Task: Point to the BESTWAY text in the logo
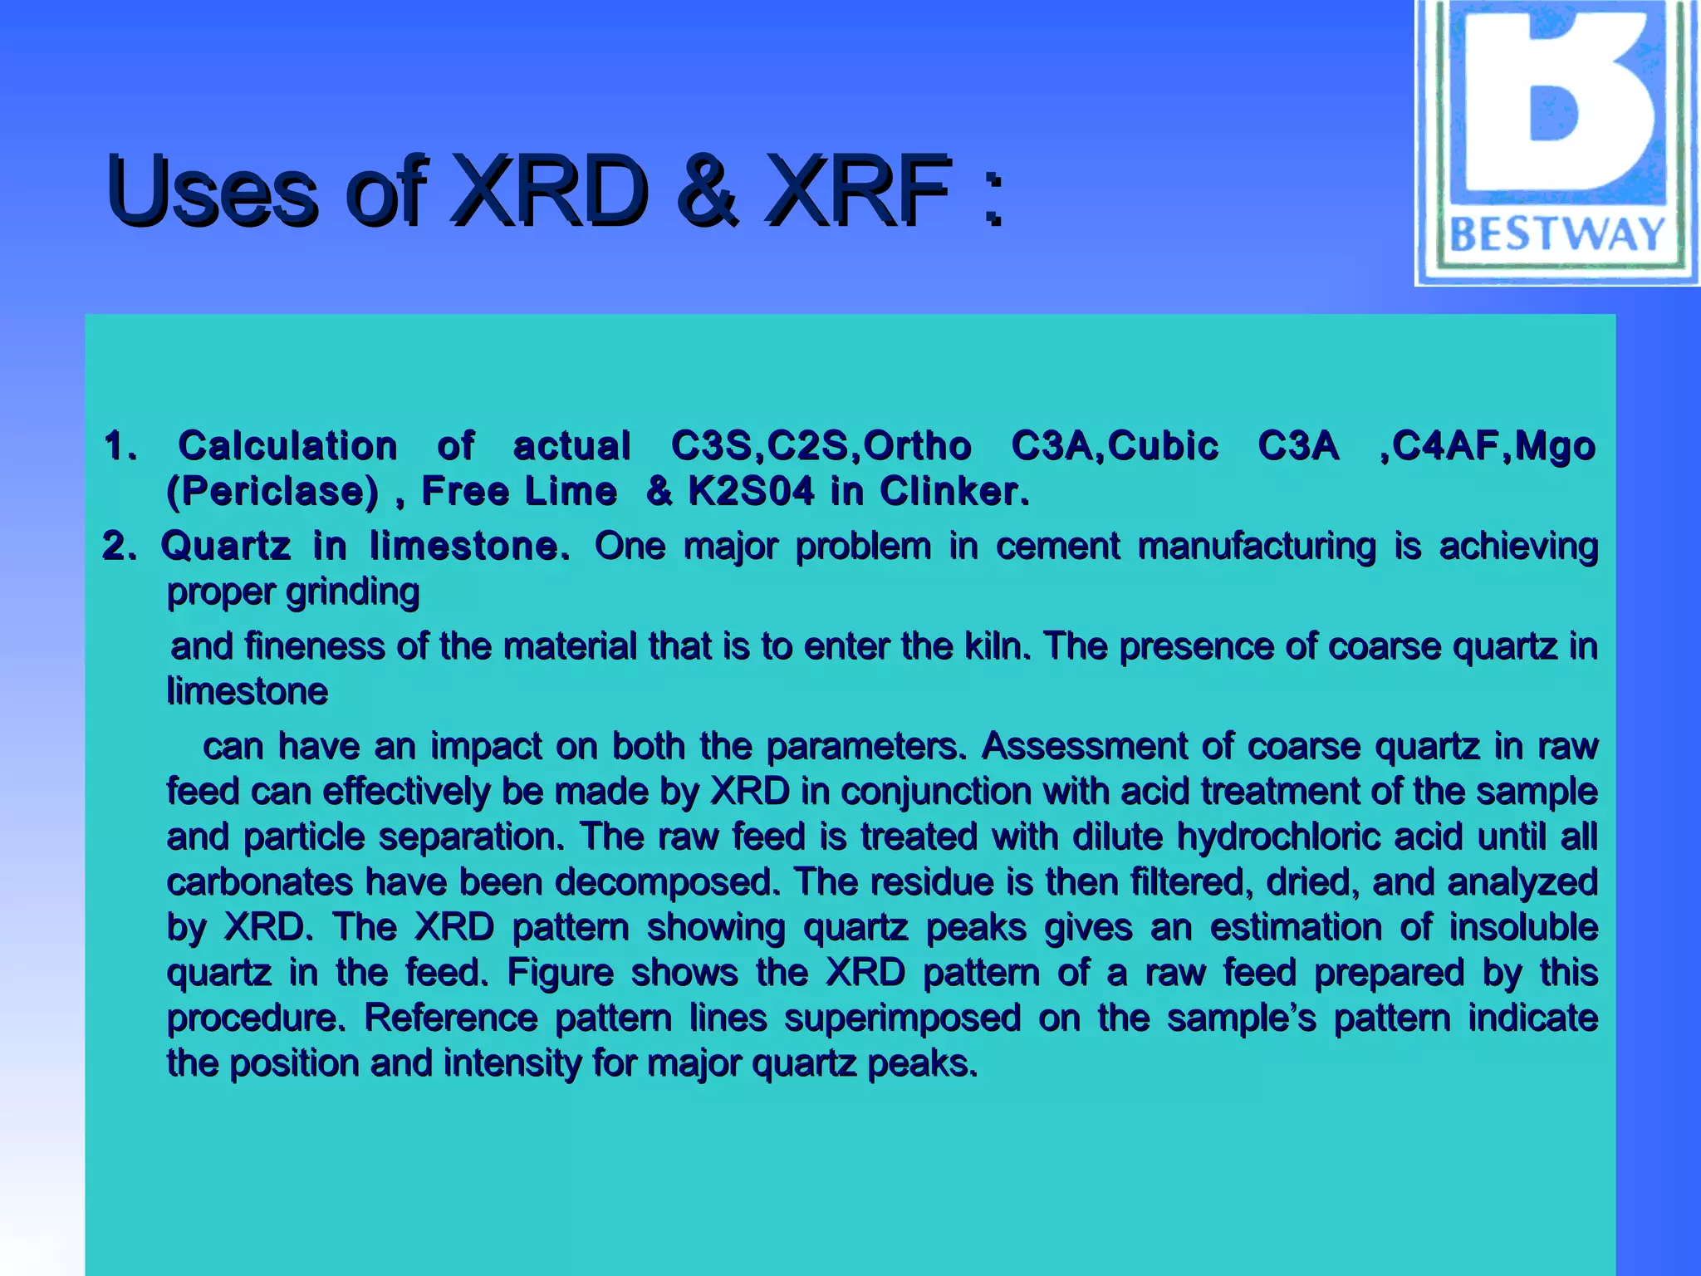1556,234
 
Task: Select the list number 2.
118,547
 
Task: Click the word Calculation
287,446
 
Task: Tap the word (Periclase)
272,492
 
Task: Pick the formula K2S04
751,492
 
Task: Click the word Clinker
954,492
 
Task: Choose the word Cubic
1163,446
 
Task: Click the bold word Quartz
225,547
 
